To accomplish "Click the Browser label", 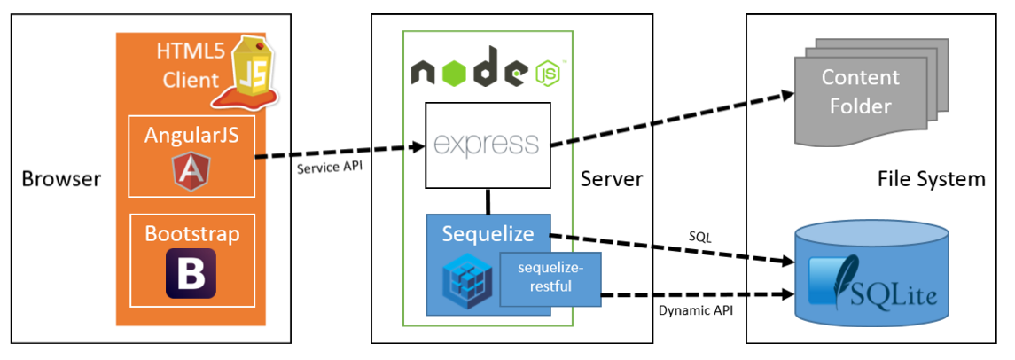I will coord(61,180).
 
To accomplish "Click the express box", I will coord(488,145).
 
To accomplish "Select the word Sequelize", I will coord(488,234).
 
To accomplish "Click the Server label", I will coord(612,180).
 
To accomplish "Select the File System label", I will coord(931,180).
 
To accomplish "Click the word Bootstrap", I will coord(191,235).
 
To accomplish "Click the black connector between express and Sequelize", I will coord(488,201).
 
